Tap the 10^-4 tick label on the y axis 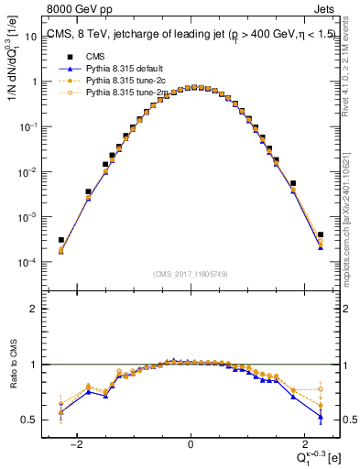pyautogui.click(x=30, y=263)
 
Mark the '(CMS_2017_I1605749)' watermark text pyautogui.click(x=191, y=274)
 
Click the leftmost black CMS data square pyautogui.click(x=60, y=240)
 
